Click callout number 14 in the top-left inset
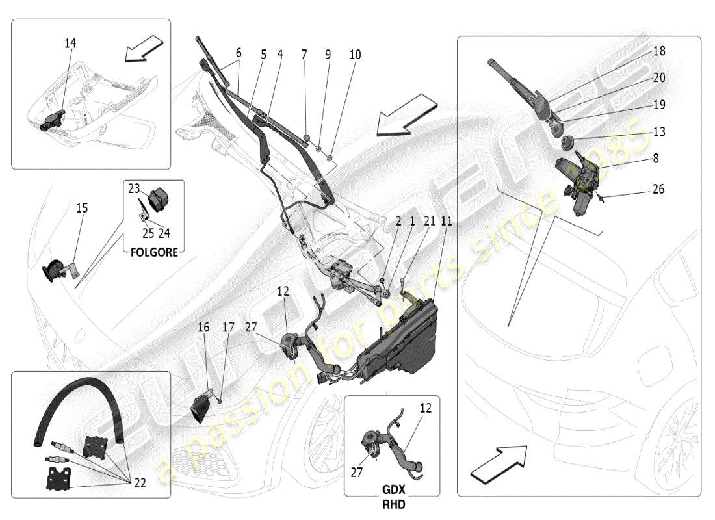tap(70, 44)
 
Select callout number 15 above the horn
tap(81, 209)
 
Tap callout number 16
tap(203, 328)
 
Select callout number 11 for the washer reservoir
tap(445, 222)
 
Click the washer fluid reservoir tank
tap(403, 338)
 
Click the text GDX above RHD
tap(392, 489)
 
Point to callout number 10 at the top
tap(355, 55)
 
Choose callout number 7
tap(304, 55)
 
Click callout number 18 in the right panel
tap(659, 51)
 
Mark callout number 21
tap(429, 222)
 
